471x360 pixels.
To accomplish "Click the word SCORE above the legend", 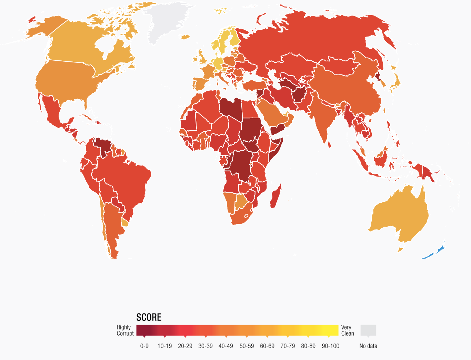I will [x=149, y=317].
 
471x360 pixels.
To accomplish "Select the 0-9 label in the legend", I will [x=144, y=346].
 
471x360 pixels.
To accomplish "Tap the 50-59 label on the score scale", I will [x=247, y=346].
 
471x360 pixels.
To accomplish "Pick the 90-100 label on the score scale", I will [x=330, y=346].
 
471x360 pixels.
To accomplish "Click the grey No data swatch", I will [x=368, y=330].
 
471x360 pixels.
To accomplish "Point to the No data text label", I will [x=368, y=346].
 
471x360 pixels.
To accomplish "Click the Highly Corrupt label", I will [x=125, y=330].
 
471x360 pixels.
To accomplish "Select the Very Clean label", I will [x=347, y=330].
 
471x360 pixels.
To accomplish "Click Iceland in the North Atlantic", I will [x=185, y=37].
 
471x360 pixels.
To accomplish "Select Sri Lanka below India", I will [x=329, y=144].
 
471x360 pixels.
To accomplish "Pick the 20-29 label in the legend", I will [x=185, y=346].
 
